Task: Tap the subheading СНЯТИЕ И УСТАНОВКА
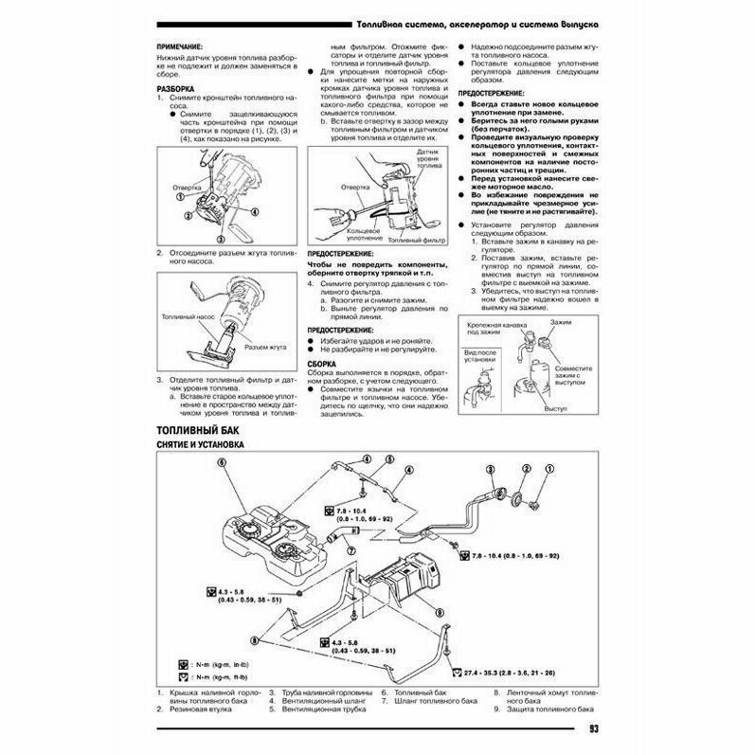point(200,445)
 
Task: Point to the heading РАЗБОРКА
point(175,88)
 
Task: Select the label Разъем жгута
point(266,347)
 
